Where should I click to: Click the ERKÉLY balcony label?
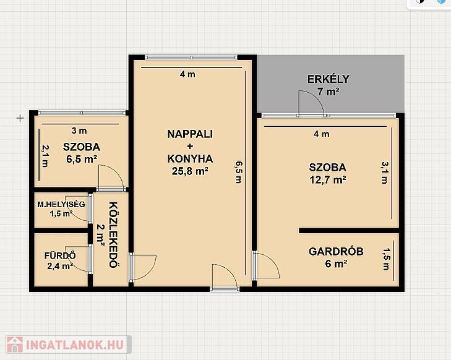tap(328, 79)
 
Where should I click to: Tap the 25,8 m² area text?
tap(190, 171)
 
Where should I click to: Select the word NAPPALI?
tap(190, 134)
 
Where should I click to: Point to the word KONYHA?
tap(190, 159)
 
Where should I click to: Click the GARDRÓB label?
tap(336, 251)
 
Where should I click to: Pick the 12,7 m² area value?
tap(328, 180)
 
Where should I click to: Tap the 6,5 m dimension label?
tap(239, 172)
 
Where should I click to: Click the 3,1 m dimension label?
tap(385, 173)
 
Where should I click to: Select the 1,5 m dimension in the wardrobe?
tap(385, 259)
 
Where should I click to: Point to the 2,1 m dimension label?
tap(45, 156)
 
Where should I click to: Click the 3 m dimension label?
tap(79, 131)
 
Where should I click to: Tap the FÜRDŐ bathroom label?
tap(60, 255)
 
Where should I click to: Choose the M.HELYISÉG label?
tap(61, 204)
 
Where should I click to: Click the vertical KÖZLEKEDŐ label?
tap(114, 234)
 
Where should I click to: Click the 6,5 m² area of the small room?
tap(82, 159)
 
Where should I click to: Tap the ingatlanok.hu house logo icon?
tap(15, 345)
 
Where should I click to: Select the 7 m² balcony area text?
tap(328, 92)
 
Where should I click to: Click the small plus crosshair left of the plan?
tap(20, 118)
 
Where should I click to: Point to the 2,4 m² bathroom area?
tap(60, 266)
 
